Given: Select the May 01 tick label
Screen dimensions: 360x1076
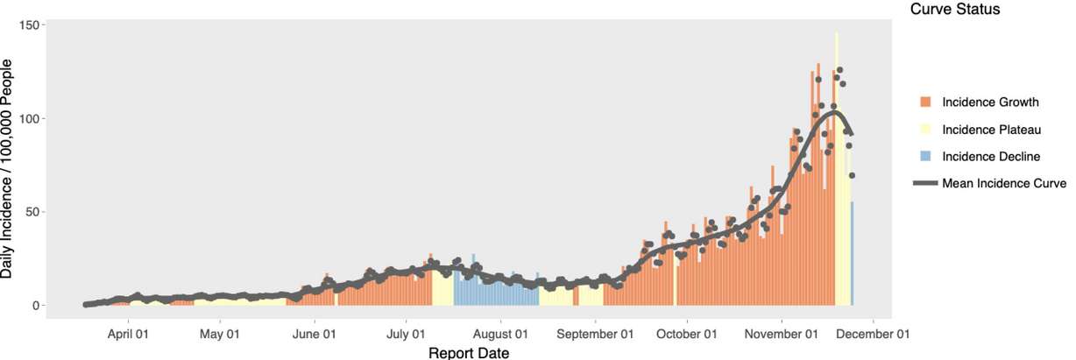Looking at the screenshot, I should coord(220,334).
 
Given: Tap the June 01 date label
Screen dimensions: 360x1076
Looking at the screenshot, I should coord(314,334).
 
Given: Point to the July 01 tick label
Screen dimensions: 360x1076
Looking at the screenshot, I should coord(406,334).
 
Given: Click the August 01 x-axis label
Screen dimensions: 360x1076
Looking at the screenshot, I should coord(499,334).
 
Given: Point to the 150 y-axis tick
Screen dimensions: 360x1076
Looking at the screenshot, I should coord(31,25).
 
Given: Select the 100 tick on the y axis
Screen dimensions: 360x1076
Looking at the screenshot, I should coord(31,118).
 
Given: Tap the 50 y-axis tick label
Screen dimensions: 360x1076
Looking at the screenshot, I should coord(33,212).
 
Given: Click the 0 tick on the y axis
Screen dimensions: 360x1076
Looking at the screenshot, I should coord(37,306).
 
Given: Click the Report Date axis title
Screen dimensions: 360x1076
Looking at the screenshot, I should coord(468,352).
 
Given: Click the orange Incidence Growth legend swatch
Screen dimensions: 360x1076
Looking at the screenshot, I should coord(925,102).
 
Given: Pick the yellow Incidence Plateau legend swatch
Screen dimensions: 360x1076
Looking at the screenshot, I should coord(925,130).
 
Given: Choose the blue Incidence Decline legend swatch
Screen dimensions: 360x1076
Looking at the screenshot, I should coord(925,157).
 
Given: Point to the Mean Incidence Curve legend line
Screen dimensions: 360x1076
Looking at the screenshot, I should coord(925,184).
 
